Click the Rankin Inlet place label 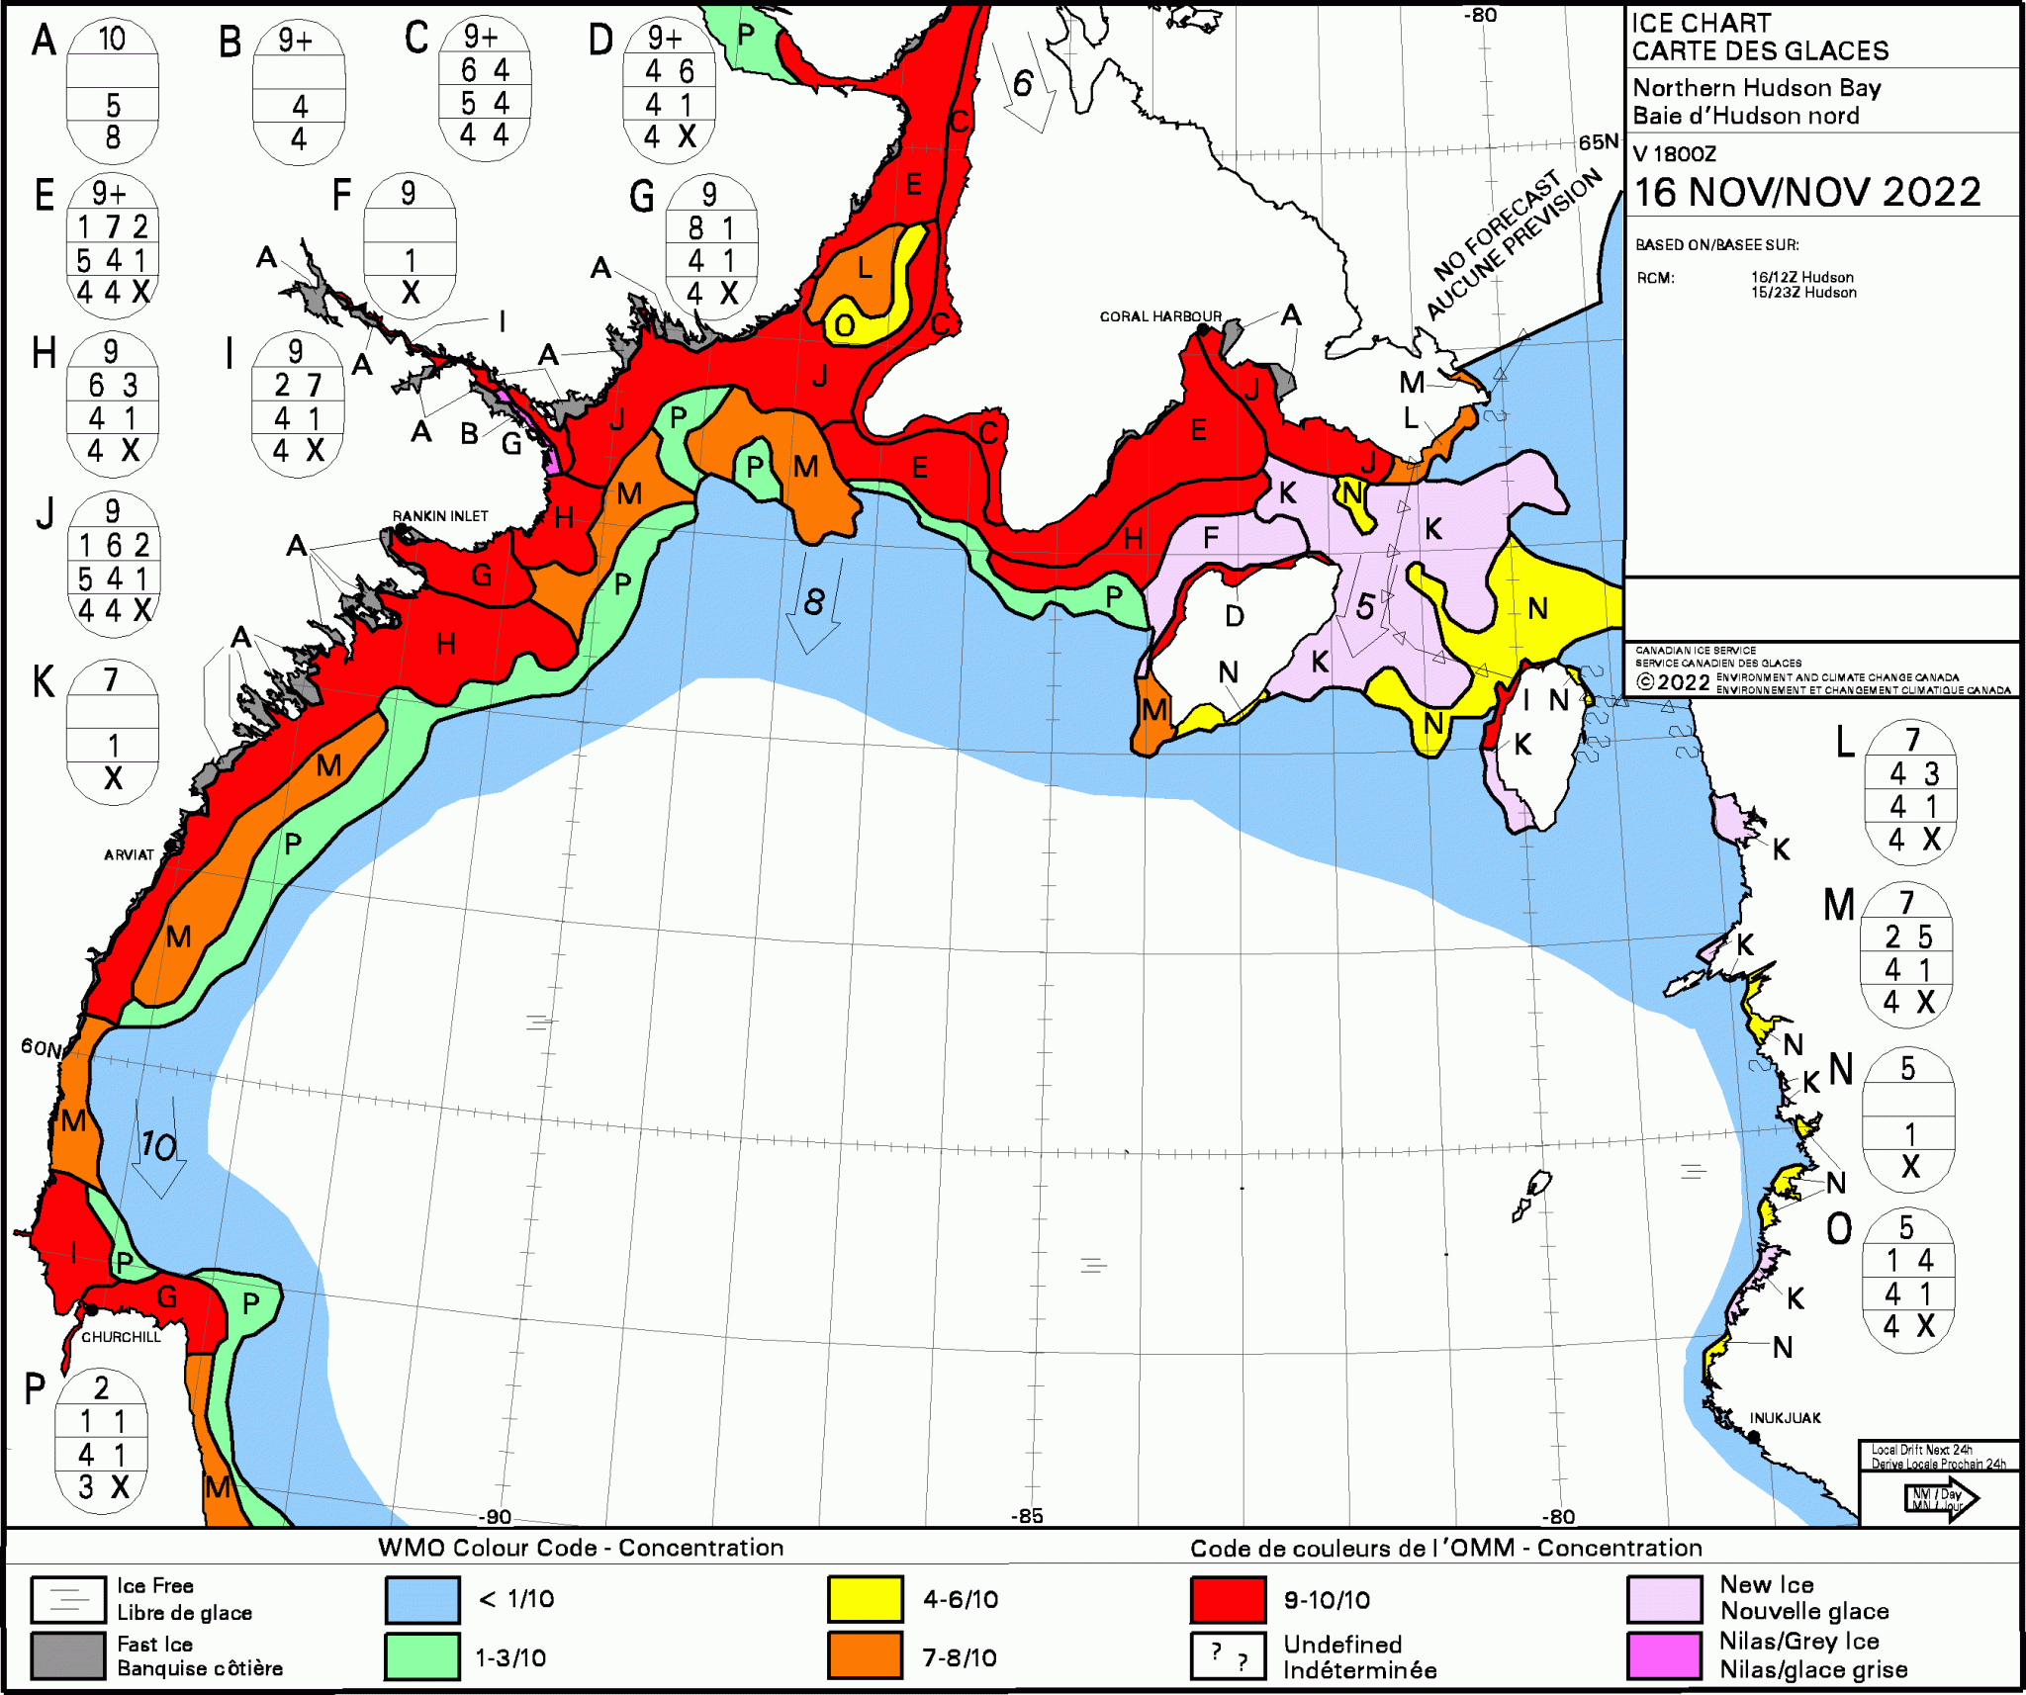tap(439, 516)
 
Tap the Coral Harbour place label tap(1160, 316)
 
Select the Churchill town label tap(121, 1337)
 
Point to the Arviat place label tap(129, 854)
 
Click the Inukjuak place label tap(1785, 1418)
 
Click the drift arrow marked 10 tap(159, 1147)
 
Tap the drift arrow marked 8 tap(813, 603)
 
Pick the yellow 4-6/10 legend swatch tap(866, 1599)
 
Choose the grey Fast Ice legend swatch tap(67, 1656)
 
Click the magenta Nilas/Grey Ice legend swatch tap(1665, 1655)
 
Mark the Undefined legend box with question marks tap(1228, 1655)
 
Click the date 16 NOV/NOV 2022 tap(1807, 192)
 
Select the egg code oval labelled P tap(101, 1439)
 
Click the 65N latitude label tap(1598, 142)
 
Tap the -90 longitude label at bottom tap(495, 1517)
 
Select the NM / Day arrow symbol tap(1939, 1499)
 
